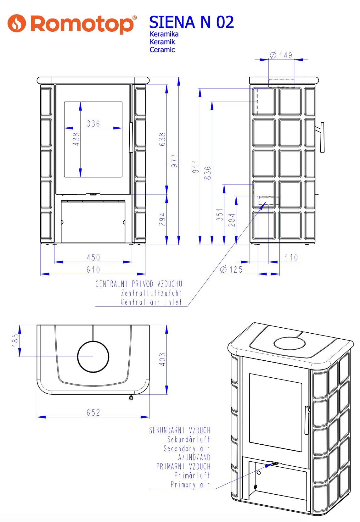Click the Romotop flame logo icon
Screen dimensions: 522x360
pos(17,23)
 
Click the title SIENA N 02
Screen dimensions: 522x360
pos(191,22)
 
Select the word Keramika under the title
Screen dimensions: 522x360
pos(164,34)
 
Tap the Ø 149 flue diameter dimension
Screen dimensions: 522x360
pos(282,55)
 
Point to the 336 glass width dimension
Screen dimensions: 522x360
pos(93,124)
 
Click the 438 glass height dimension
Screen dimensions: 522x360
pos(76,139)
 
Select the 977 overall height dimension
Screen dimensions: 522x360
pos(174,161)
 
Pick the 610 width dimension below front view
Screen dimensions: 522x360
pos(93,269)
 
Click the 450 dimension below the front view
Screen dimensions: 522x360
pos(93,258)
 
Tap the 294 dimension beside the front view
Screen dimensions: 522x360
pos(162,219)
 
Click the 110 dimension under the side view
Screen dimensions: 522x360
pos(291,258)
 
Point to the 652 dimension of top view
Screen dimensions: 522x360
pos(93,413)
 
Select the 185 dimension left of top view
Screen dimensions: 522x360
pos(15,341)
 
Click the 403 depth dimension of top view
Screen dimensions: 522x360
pos(162,359)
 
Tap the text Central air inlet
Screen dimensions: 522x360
pos(151,302)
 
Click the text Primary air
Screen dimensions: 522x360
pos(190,485)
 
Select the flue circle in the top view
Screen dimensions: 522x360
pos(93,357)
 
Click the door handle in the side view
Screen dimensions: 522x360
pos(322,137)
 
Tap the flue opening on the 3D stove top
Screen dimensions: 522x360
pos(290,343)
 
